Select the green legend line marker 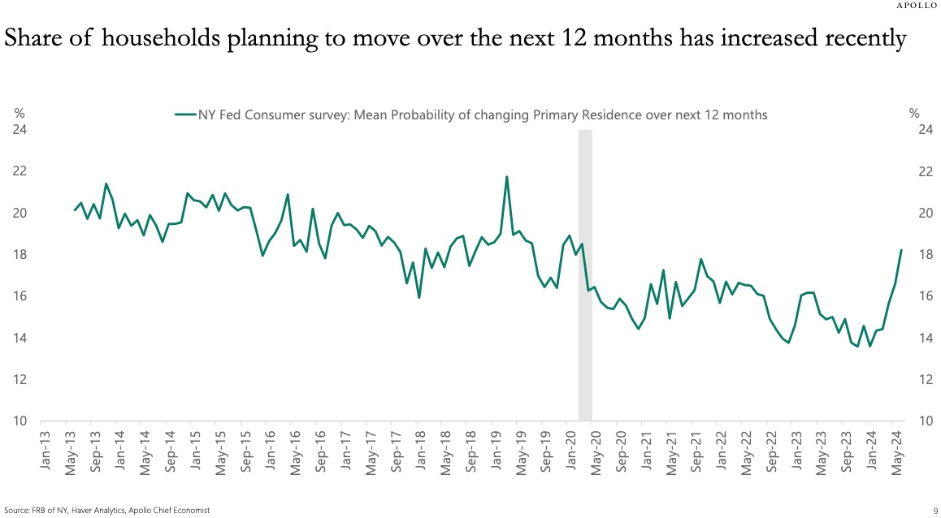pos(186,114)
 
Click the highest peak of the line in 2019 pos(507,176)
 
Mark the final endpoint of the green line pos(901,250)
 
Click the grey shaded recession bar pos(584,276)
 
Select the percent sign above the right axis pos(915,114)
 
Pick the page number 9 pos(936,510)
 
